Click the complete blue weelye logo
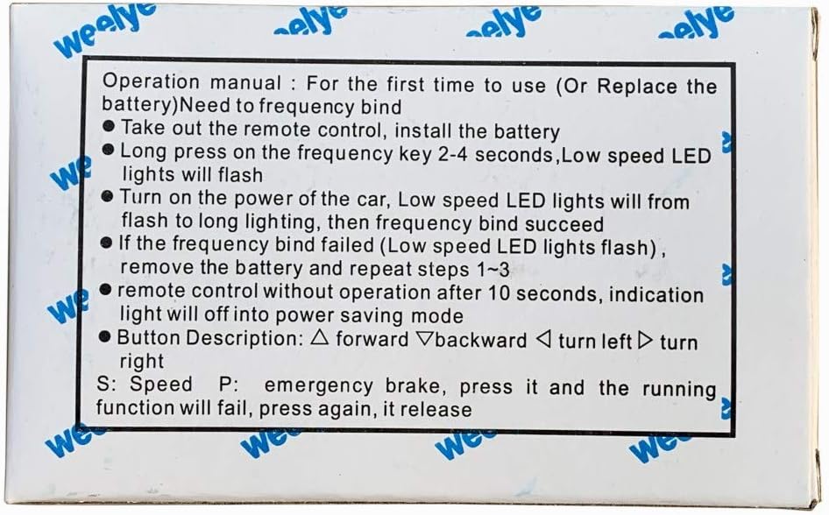pos(104,30)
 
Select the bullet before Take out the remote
pos(109,127)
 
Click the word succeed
pos(564,224)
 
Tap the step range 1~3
pos(493,270)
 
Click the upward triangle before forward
pos(320,338)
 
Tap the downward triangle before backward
pos(424,339)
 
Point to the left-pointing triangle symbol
pos(543,340)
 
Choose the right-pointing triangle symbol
pos(645,341)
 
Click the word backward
pos(480,341)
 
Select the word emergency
pos(319,386)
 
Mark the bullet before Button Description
pos(104,336)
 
